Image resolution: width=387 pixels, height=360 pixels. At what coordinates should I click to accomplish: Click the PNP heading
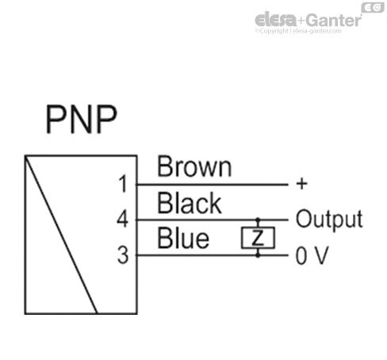pyautogui.click(x=80, y=120)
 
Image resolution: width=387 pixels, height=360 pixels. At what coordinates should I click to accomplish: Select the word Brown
pyautogui.click(x=194, y=167)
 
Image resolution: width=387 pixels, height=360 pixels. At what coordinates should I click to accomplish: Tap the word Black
pyautogui.click(x=190, y=204)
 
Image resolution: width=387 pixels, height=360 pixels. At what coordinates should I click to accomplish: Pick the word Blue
pyautogui.click(x=183, y=239)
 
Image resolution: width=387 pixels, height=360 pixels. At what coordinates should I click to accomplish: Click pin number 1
pyautogui.click(x=122, y=185)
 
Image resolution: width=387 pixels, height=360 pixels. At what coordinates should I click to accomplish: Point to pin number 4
pyautogui.click(x=122, y=220)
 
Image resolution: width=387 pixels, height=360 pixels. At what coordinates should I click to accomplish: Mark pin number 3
pyautogui.click(x=122, y=255)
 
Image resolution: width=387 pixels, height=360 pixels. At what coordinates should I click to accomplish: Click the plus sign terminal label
pyautogui.click(x=301, y=184)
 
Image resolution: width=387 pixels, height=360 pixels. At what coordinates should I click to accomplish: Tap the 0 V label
pyautogui.click(x=311, y=255)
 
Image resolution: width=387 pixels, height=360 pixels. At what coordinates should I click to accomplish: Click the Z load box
pyautogui.click(x=255, y=237)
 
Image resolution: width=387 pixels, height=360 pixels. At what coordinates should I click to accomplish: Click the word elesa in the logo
pyautogui.click(x=274, y=21)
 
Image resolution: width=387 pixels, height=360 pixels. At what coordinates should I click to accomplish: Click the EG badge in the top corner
pyautogui.click(x=372, y=7)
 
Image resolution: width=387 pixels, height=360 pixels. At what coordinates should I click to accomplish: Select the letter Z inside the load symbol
pyautogui.click(x=255, y=237)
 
